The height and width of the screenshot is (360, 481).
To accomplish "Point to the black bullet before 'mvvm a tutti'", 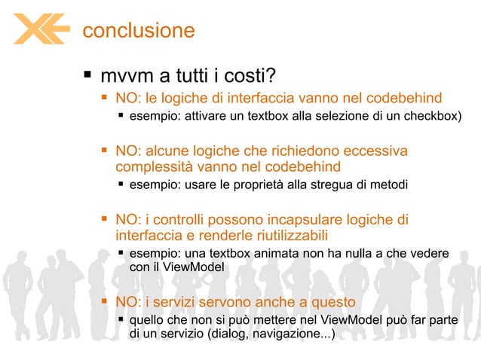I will [87, 75].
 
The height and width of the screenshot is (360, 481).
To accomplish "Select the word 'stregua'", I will [338, 185].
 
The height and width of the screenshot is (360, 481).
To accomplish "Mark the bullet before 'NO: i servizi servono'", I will [105, 302].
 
